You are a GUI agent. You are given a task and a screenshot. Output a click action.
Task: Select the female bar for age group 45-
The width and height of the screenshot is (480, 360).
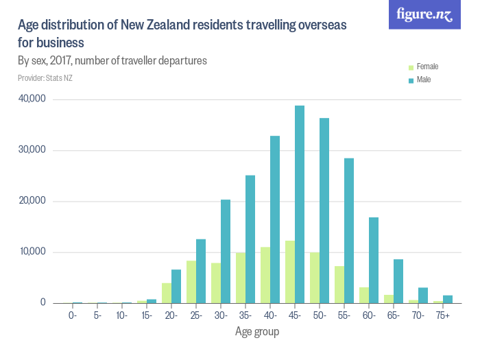tap(290, 272)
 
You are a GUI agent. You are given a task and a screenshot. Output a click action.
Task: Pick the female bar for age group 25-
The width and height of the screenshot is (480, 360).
tap(191, 282)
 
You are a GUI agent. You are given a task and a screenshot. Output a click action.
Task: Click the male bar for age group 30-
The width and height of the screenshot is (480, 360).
tap(226, 251)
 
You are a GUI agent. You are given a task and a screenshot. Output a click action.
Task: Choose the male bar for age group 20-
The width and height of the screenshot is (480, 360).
tap(176, 286)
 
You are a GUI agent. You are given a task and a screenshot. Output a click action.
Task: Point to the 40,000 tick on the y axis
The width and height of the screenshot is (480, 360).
tap(32, 99)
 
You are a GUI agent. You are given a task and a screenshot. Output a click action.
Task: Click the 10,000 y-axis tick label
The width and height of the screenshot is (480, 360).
tap(32, 252)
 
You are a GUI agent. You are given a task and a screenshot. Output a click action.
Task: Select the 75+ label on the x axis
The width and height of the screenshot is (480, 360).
tap(443, 315)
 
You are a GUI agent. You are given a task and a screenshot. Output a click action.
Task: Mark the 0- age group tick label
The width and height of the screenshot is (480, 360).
tap(73, 315)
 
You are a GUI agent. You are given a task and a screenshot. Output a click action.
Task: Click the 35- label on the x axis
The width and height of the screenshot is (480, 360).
tap(245, 315)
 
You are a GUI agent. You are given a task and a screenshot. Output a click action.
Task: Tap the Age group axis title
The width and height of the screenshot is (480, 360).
tap(258, 331)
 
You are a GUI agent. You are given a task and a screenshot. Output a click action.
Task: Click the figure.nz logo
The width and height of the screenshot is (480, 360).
tap(424, 14)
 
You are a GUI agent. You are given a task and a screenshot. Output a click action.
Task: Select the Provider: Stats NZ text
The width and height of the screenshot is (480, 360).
tap(45, 78)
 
